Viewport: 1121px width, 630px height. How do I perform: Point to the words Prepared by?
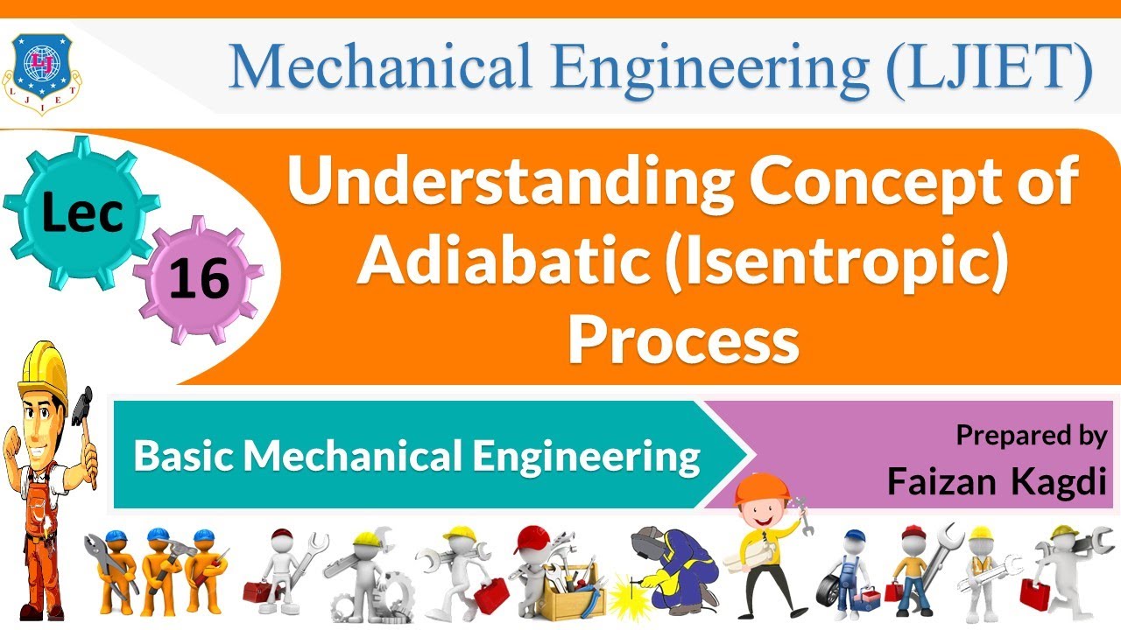1031,435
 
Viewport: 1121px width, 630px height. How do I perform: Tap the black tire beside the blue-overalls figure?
831,591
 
